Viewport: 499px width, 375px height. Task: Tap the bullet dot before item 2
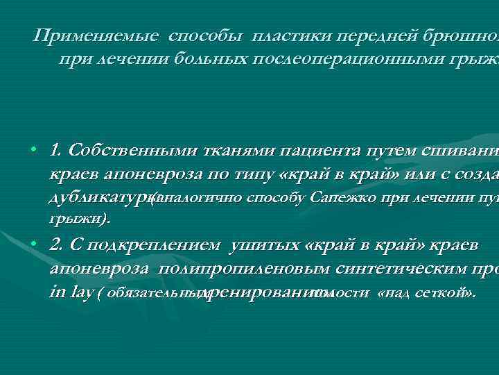(33, 247)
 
